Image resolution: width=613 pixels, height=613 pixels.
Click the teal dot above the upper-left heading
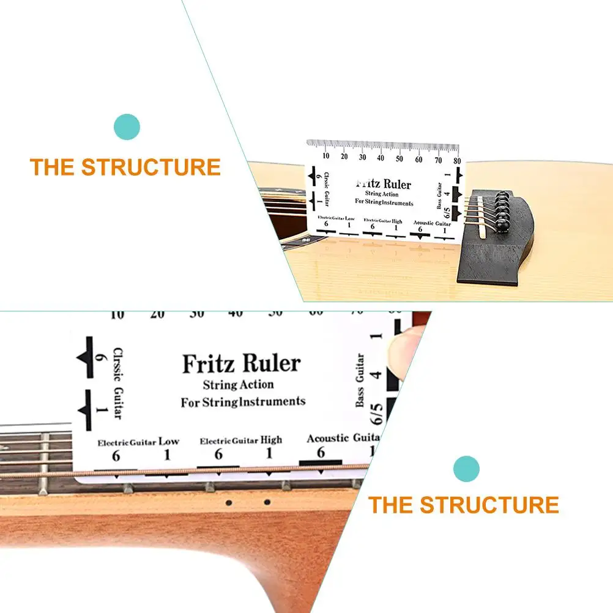coord(127,127)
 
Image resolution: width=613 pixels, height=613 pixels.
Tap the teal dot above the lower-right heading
coord(466,469)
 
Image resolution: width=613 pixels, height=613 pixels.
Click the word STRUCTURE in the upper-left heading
coord(151,167)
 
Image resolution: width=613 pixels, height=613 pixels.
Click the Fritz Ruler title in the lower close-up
coord(242,363)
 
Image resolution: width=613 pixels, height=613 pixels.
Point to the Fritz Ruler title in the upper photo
coord(384,184)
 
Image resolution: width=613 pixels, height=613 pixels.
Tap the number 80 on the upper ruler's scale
coord(456,160)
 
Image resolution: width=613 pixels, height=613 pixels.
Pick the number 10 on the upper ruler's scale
coord(325,157)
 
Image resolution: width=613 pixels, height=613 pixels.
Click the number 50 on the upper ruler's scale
coord(399,159)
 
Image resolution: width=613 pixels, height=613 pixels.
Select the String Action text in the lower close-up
coord(239,385)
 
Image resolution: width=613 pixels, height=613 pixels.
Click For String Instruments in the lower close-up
coord(243,402)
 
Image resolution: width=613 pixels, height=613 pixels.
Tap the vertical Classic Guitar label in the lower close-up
coord(117,383)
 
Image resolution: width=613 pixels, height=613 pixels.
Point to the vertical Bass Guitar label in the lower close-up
coord(360,380)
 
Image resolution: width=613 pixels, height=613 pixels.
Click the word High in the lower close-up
coord(271,440)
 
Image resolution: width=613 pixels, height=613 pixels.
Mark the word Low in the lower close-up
coord(169,440)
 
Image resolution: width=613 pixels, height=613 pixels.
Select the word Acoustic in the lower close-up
coord(327,438)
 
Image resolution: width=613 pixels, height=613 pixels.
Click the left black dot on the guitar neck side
coord(228,503)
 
